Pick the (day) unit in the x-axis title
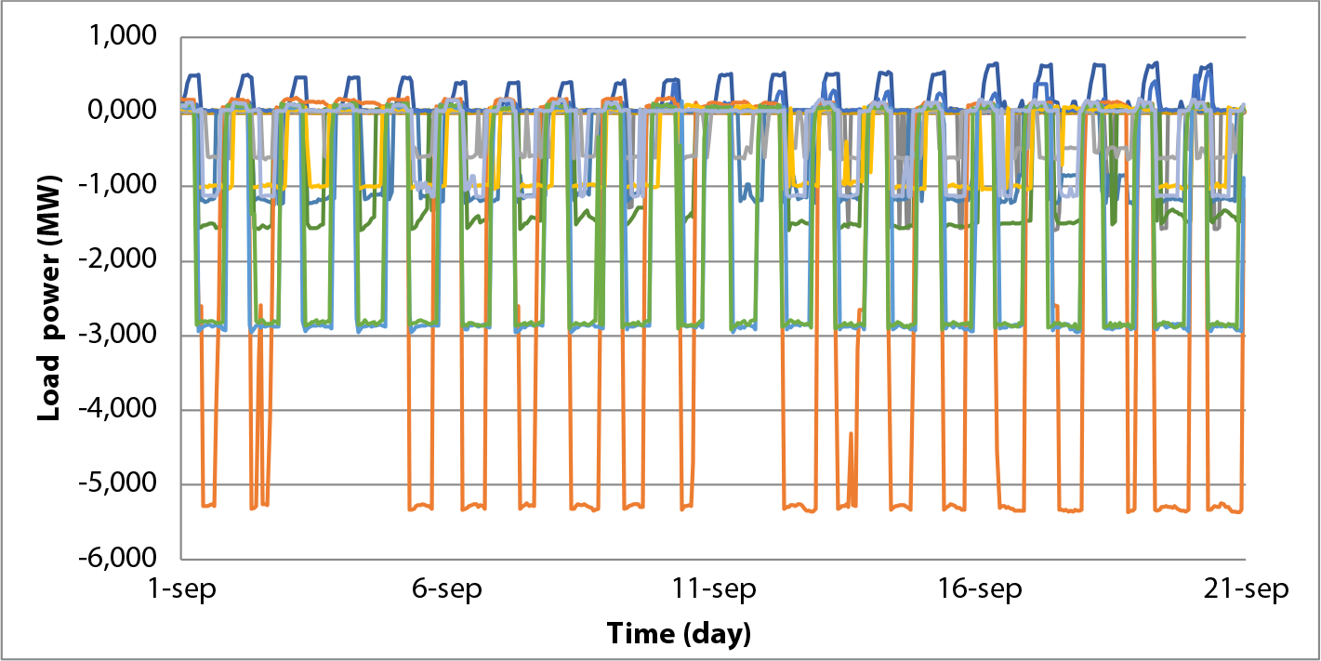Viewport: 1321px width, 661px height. [716, 635]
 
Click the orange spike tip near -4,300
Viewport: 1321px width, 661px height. [851, 433]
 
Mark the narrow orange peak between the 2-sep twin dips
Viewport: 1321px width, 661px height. [260, 306]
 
